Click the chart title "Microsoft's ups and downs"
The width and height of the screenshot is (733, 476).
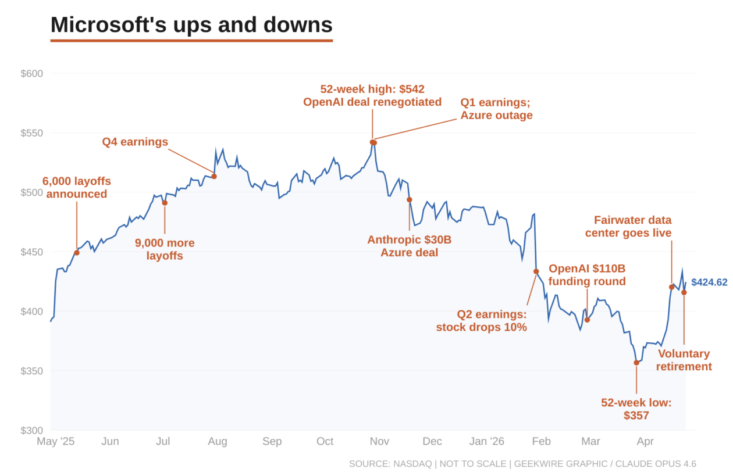click(191, 25)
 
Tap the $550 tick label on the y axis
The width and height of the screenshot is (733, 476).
click(32, 133)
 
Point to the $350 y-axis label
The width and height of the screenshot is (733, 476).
click(32, 371)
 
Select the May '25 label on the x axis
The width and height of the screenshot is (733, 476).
click(56, 442)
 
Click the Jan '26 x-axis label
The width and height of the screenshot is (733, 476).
click(487, 442)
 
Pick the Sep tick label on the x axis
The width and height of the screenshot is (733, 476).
click(272, 442)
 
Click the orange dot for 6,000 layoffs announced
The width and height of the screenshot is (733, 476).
click(77, 253)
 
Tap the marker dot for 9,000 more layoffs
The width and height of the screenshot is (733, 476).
click(165, 203)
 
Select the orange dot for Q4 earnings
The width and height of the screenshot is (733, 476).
click(214, 176)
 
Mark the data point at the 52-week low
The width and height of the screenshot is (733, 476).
click(636, 363)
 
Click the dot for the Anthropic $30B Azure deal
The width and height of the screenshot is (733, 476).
click(410, 199)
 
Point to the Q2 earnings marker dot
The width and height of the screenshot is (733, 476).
click(536, 271)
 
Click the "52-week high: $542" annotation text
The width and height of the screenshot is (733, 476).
click(372, 90)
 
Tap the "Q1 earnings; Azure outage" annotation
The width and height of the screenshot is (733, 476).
click(496, 109)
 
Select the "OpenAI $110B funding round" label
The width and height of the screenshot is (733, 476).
click(587, 275)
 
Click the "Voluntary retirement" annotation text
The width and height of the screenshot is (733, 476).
click(684, 360)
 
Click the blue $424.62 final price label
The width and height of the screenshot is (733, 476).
click(709, 282)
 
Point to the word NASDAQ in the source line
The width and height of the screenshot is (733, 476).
click(411, 464)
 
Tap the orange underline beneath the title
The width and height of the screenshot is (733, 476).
click(191, 41)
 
